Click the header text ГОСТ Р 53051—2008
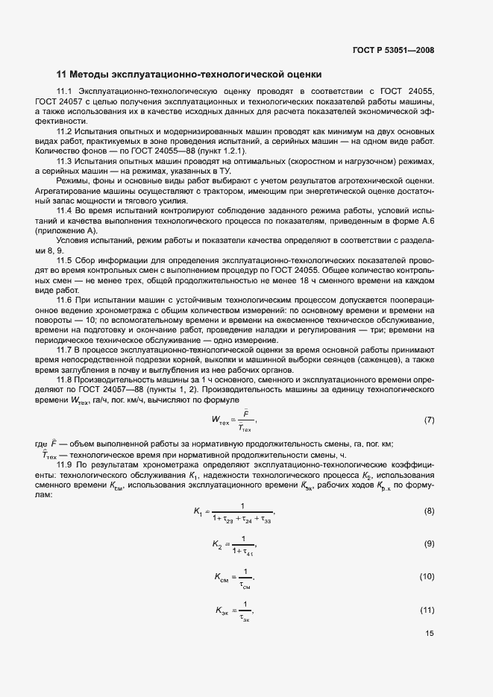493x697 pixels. click(392, 51)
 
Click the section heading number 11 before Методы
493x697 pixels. click(62, 74)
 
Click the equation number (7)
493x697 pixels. click(429, 420)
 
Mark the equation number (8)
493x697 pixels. click(429, 511)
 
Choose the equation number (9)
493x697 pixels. click(429, 544)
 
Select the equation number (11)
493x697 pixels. click(427, 611)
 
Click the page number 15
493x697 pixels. click(429, 634)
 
